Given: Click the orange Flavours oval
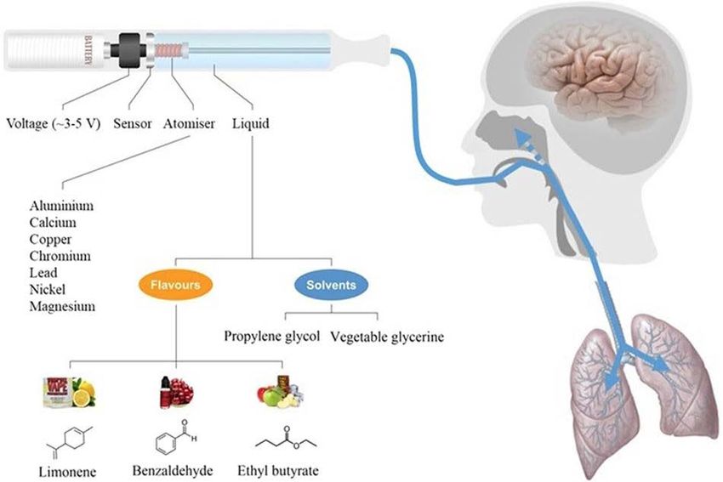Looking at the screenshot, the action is pyautogui.click(x=176, y=285).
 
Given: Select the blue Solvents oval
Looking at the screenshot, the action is pyautogui.click(x=332, y=285).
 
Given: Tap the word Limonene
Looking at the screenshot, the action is pyautogui.click(x=67, y=472).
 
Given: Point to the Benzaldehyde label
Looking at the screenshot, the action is pyautogui.click(x=173, y=470).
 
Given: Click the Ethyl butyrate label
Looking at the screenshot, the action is pyautogui.click(x=278, y=471).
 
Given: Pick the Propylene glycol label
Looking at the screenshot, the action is pyautogui.click(x=272, y=337).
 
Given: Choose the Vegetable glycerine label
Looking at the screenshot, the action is pyautogui.click(x=387, y=337).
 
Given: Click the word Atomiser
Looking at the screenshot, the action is pyautogui.click(x=189, y=123).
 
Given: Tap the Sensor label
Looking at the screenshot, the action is pyautogui.click(x=133, y=123).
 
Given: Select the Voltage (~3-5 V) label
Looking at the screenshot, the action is pyautogui.click(x=53, y=123).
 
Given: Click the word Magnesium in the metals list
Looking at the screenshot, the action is pyautogui.click(x=62, y=306).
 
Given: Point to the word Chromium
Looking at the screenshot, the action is pyautogui.click(x=60, y=256).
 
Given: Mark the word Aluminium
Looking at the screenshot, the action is pyautogui.click(x=61, y=206).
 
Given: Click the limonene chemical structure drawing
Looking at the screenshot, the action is pyautogui.click(x=70, y=441).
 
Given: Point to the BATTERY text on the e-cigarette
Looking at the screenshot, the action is pyautogui.click(x=88, y=50).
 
